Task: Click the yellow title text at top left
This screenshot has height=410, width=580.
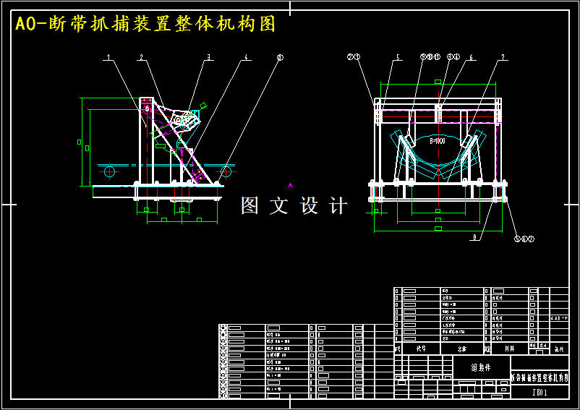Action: (145, 24)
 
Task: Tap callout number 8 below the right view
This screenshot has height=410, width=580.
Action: (474, 236)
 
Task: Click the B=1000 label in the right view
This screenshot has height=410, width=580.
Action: (438, 142)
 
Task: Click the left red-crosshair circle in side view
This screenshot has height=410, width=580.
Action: (109, 171)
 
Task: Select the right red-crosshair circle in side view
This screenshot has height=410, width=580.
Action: (226, 171)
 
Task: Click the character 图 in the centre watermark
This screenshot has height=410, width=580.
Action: (250, 206)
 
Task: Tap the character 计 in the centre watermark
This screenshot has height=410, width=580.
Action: (338, 206)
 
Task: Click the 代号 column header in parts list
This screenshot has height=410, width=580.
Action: (421, 348)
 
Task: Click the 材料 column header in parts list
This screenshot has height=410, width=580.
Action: (509, 348)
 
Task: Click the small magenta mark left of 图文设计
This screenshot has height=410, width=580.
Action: (291, 185)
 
